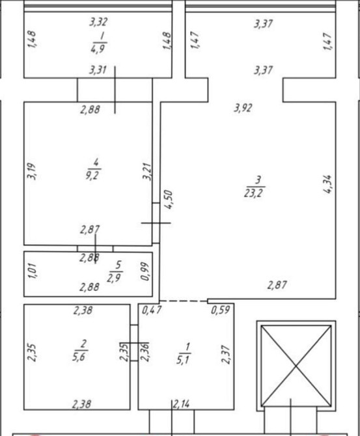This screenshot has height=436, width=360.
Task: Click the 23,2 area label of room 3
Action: (254, 193)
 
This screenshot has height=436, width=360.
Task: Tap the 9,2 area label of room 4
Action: (92, 176)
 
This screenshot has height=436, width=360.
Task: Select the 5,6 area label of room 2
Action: (79, 357)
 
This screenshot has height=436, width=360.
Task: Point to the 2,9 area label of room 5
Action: (114, 278)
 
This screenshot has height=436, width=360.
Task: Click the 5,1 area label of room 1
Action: (183, 360)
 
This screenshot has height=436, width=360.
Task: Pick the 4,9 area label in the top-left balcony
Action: (98, 49)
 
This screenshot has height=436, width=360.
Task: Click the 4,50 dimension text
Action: (169, 200)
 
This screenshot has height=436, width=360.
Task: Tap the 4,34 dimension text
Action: (327, 184)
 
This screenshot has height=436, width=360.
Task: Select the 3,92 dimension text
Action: (243, 107)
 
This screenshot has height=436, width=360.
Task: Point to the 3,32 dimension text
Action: (98, 21)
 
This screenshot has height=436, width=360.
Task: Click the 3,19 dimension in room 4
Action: (32, 171)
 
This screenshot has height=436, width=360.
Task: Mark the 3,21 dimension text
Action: (147, 172)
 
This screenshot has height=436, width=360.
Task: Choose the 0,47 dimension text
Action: (152, 310)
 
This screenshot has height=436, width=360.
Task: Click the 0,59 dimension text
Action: (220, 310)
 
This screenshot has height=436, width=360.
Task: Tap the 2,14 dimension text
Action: (182, 404)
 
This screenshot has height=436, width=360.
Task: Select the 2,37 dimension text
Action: (226, 354)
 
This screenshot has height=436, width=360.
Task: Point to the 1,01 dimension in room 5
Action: (32, 271)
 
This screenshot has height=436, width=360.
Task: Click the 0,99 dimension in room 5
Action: (145, 271)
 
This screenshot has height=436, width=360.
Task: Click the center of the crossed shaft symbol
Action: (296, 366)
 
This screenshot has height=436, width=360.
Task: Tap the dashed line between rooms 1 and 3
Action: (184, 301)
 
